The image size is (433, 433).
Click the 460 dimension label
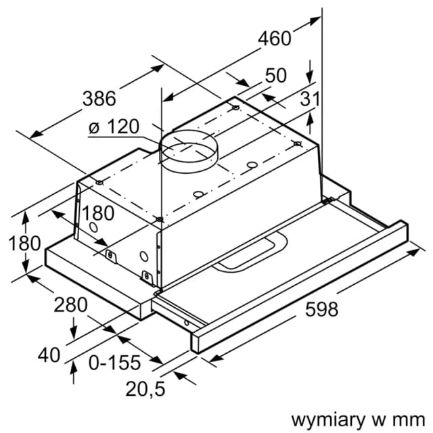(x=275, y=39)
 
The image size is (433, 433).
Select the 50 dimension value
(x=275, y=76)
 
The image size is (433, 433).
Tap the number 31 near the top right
(x=309, y=99)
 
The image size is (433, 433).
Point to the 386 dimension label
(x=99, y=97)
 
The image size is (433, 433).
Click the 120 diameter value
(x=123, y=126)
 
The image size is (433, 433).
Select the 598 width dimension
(x=321, y=309)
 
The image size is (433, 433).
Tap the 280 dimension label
(x=71, y=304)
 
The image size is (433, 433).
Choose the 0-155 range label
(x=114, y=363)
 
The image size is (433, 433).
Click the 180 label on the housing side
(x=98, y=212)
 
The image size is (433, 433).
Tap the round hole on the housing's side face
(x=143, y=256)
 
